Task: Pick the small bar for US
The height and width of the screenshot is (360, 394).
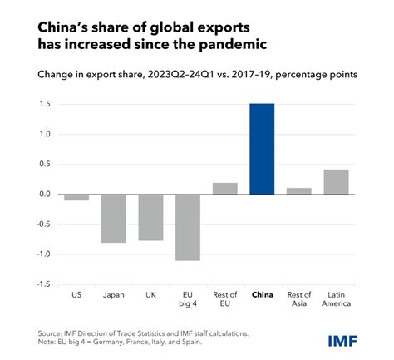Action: pos(76,197)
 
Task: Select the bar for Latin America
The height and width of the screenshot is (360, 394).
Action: pos(336,182)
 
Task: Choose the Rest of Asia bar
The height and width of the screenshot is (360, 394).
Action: pos(298,191)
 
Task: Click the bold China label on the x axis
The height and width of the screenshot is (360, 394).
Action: pos(262,294)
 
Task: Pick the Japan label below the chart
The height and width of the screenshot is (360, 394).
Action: pos(114,294)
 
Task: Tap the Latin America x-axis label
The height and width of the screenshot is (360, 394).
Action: pos(336,299)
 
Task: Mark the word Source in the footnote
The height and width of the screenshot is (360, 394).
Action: pos(51,332)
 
